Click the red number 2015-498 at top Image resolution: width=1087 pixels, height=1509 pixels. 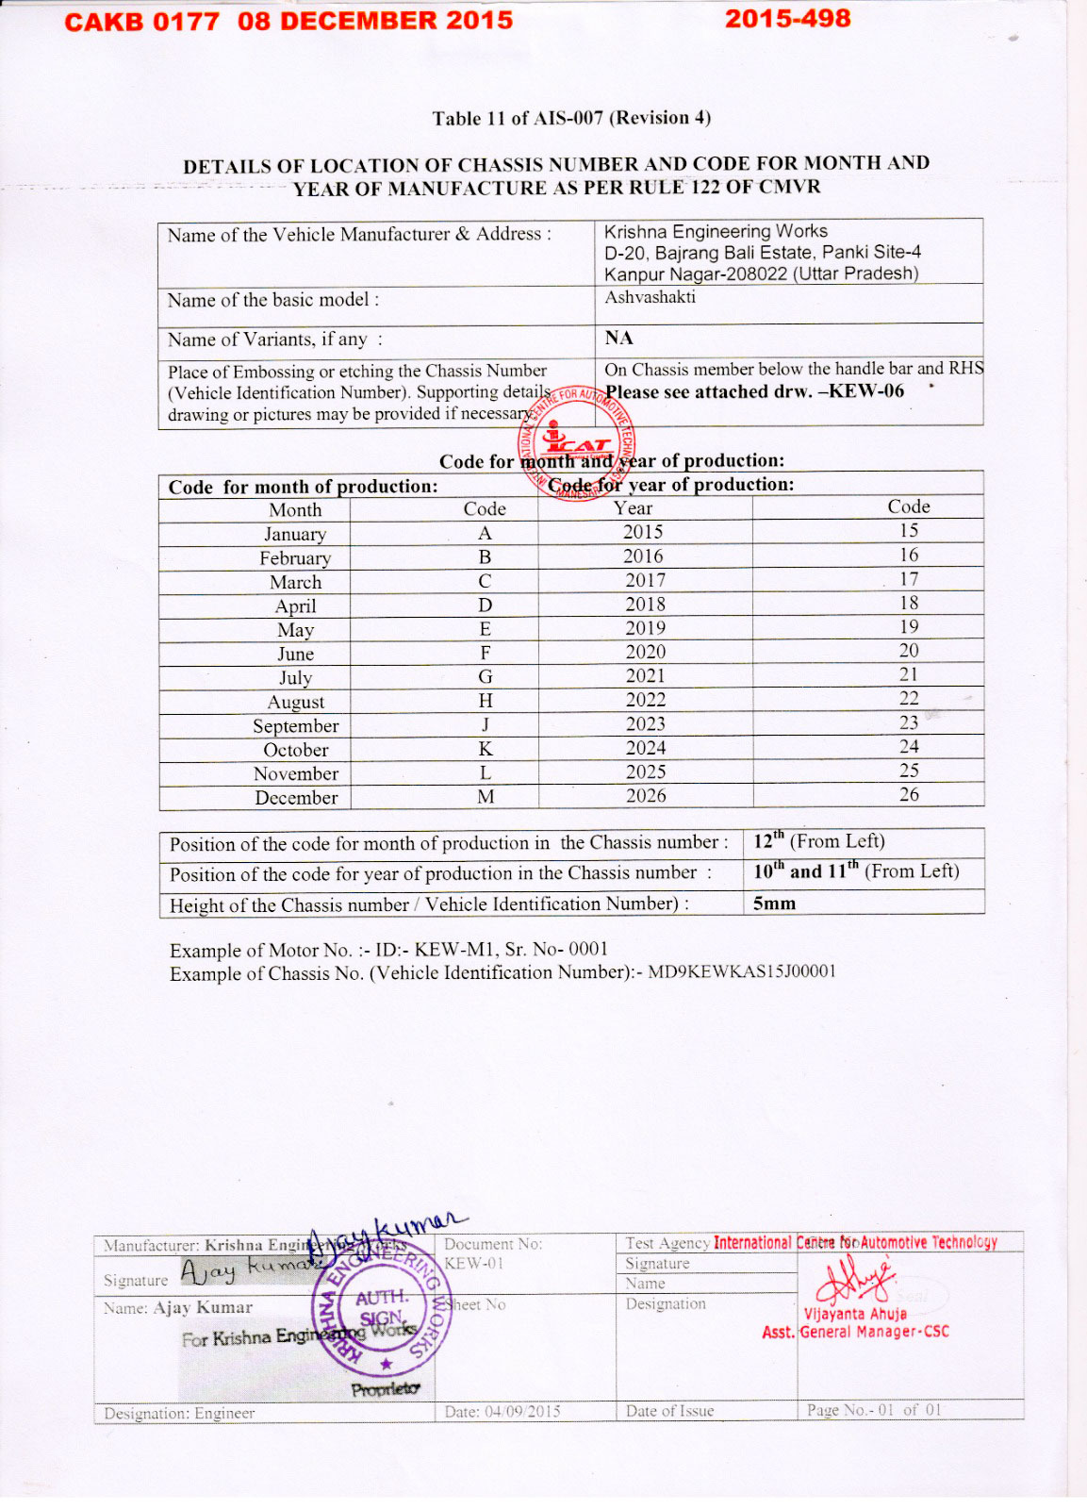pyautogui.click(x=787, y=19)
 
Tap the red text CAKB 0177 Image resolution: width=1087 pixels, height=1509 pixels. pyautogui.click(x=141, y=22)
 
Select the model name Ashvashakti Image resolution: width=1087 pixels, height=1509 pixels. pyautogui.click(x=650, y=297)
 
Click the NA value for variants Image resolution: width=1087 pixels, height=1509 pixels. pyautogui.click(x=618, y=338)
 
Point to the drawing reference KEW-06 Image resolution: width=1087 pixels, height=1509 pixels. pyautogui.click(x=866, y=391)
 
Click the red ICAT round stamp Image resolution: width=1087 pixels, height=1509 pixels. pyautogui.click(x=575, y=442)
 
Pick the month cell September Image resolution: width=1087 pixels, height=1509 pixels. pyautogui.click(x=295, y=725)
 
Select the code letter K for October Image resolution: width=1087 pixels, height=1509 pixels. pyautogui.click(x=486, y=749)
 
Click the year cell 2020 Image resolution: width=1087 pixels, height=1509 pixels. pyautogui.click(x=645, y=652)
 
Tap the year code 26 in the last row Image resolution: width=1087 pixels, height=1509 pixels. pyautogui.click(x=908, y=794)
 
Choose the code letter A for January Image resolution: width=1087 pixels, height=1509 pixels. pyautogui.click(x=485, y=533)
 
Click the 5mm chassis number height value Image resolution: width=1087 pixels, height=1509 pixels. pyautogui.click(x=774, y=903)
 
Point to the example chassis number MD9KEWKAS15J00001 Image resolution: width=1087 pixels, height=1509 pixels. pyautogui.click(x=741, y=971)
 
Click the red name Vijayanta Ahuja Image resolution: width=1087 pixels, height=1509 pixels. pyautogui.click(x=854, y=1314)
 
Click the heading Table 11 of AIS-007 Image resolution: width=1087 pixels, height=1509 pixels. pyautogui.click(x=571, y=118)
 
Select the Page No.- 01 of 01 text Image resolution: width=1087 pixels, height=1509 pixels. pyautogui.click(x=874, y=1410)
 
